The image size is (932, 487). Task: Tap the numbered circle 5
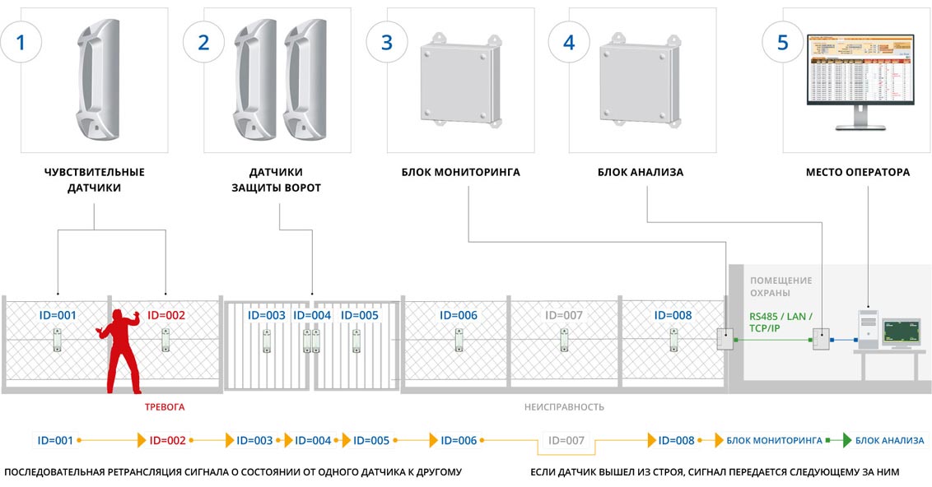coord(783,43)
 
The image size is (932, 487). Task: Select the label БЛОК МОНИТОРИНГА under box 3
coord(461,173)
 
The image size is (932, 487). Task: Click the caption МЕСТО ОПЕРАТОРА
coord(858,173)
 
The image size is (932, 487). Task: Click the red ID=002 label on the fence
coord(166,315)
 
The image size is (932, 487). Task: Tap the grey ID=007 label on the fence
coord(564,315)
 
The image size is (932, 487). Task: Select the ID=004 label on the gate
coord(312,315)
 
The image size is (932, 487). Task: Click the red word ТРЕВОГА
coord(165,407)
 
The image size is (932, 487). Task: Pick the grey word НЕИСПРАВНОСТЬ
coord(565,407)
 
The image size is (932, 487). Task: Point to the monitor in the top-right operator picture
coord(860,78)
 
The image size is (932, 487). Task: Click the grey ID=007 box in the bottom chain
coord(566,441)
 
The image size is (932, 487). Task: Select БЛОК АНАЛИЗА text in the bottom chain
coord(889,441)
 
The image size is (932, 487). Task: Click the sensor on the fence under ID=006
coord(459,340)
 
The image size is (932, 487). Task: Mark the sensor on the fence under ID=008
coord(673,340)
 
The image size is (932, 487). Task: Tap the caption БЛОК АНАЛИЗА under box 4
coord(641,173)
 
